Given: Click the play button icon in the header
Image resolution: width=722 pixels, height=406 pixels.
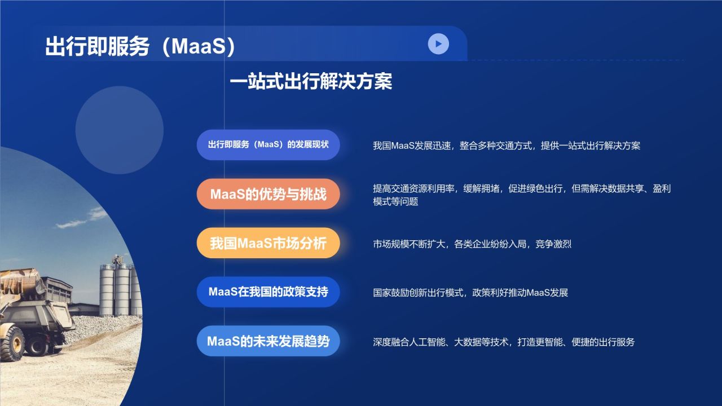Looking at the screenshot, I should pyautogui.click(x=438, y=43).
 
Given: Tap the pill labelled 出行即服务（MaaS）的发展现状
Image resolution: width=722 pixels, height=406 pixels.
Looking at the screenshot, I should pyautogui.click(x=268, y=145).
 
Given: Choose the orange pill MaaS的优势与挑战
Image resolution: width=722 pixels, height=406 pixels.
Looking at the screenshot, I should pyautogui.click(x=268, y=194).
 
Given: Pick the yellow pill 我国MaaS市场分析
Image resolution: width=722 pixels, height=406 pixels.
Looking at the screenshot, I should pyautogui.click(x=268, y=243).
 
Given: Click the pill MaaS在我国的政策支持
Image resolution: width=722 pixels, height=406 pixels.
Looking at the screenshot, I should pyautogui.click(x=268, y=292).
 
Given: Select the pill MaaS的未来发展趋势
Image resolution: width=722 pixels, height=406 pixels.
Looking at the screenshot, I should pyautogui.click(x=268, y=341).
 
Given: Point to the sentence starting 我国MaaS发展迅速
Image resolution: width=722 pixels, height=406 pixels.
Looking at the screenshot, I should pyautogui.click(x=506, y=145).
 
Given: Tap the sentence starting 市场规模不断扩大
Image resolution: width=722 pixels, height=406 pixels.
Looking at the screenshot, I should pyautogui.click(x=472, y=244).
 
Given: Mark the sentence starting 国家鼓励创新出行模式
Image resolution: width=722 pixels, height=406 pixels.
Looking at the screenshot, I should pyautogui.click(x=470, y=293).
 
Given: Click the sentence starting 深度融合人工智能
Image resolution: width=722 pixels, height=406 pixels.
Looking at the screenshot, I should pyautogui.click(x=503, y=342).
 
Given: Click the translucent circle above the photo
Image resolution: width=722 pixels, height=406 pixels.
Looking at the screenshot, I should pyautogui.click(x=119, y=130).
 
